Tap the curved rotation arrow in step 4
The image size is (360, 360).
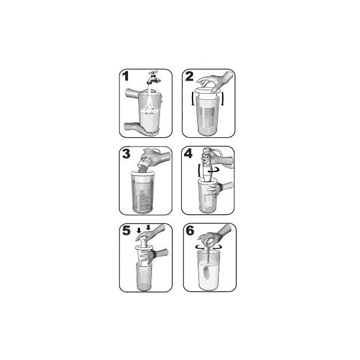coord(213,170)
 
